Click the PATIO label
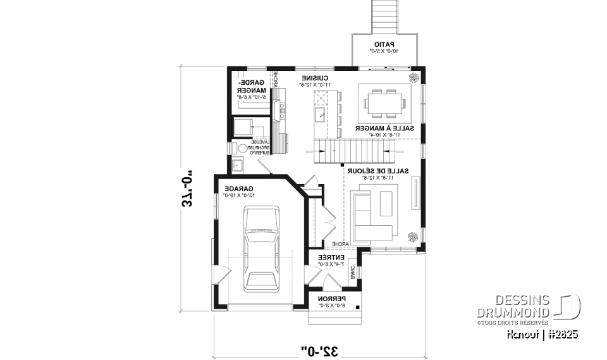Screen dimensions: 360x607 384,44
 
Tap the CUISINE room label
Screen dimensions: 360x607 314,78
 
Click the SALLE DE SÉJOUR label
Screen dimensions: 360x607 377,171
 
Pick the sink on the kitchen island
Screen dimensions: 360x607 320,114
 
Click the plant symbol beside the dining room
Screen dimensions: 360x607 414,77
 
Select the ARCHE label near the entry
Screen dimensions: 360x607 339,244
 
